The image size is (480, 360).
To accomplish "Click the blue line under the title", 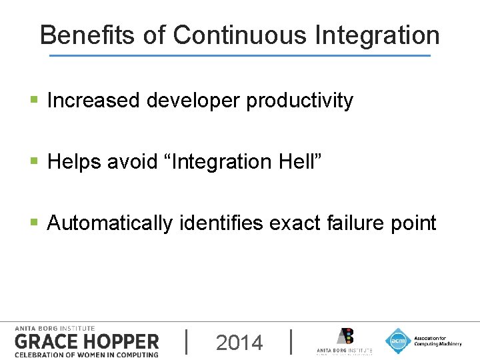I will (x=240, y=55).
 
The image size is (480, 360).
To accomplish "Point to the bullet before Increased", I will (x=35, y=101).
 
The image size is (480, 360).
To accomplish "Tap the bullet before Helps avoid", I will (x=35, y=161).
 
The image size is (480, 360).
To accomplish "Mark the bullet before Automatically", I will (x=35, y=223).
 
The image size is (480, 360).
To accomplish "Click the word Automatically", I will (x=110, y=223).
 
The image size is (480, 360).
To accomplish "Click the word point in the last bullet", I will (x=415, y=223).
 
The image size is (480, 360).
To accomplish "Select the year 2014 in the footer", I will (x=239, y=343).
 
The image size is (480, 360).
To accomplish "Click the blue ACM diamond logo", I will (x=398, y=341).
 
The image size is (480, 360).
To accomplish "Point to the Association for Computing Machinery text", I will (x=437, y=341).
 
